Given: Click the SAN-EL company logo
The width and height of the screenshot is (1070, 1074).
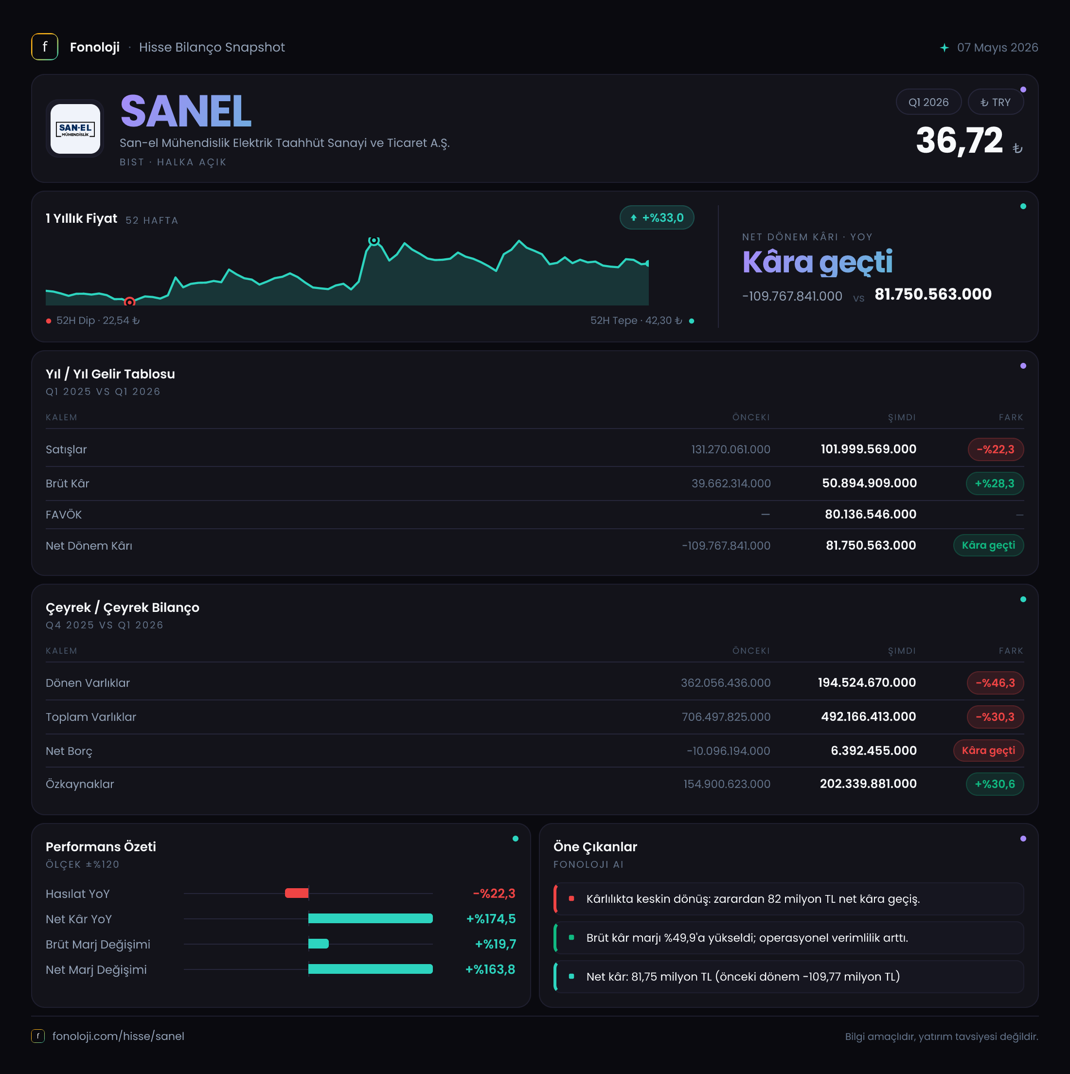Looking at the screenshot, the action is [75, 128].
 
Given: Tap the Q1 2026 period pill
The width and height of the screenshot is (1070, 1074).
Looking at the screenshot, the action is [928, 102].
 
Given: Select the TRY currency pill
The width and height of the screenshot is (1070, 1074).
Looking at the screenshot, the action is [996, 102].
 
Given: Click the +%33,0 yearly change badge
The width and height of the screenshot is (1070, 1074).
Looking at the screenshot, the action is [657, 217].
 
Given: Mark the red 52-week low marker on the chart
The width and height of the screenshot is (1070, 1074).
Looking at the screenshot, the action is [129, 302].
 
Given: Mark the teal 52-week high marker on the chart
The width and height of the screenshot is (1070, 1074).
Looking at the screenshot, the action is [374, 240].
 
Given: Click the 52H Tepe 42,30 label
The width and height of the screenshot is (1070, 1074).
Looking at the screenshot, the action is [636, 321].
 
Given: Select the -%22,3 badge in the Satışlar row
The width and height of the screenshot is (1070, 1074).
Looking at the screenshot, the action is [996, 449].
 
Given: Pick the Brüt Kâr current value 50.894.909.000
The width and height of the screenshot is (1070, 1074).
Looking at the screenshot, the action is [869, 483].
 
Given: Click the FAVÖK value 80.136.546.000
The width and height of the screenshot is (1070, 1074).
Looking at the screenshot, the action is [871, 514].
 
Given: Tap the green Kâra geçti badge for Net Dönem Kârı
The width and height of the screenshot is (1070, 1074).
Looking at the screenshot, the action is [988, 545].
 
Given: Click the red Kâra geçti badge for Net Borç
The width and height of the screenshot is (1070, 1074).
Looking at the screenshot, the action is [988, 751].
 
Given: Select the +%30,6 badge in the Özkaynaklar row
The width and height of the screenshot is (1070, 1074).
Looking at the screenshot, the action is [995, 784].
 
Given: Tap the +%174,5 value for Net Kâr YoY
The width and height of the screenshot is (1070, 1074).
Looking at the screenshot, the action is [491, 919].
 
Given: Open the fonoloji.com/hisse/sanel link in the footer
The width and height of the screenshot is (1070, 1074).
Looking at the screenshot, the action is [118, 1036].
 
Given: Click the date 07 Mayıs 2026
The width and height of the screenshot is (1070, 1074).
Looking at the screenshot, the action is [997, 47].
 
